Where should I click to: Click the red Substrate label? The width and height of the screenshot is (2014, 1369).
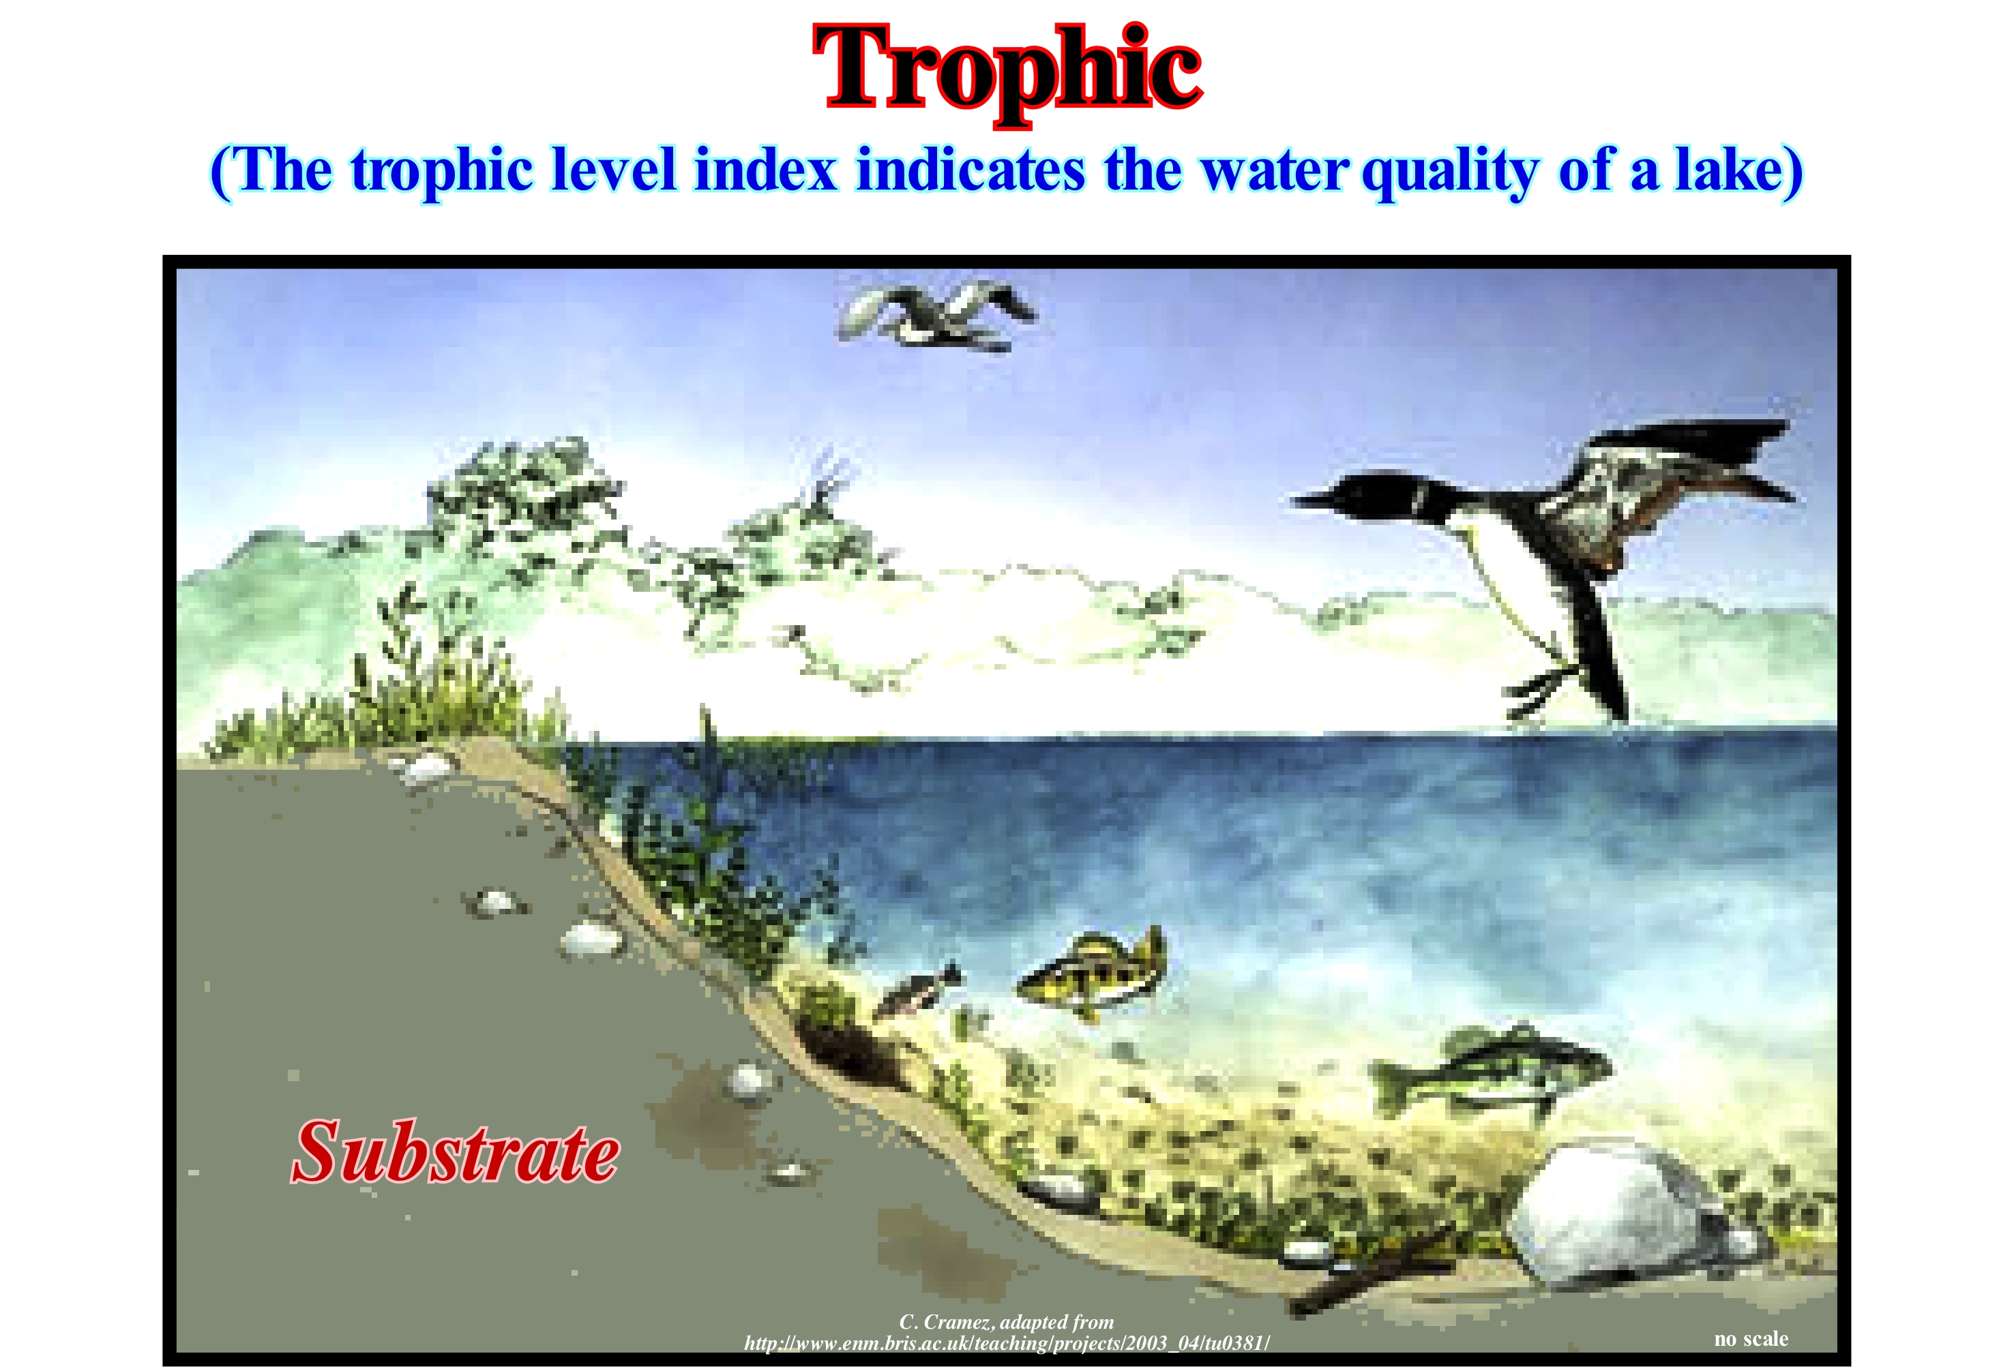point(455,1152)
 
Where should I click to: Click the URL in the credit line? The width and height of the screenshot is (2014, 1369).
point(1006,1343)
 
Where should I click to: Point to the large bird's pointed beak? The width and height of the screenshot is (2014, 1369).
point(1312,499)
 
